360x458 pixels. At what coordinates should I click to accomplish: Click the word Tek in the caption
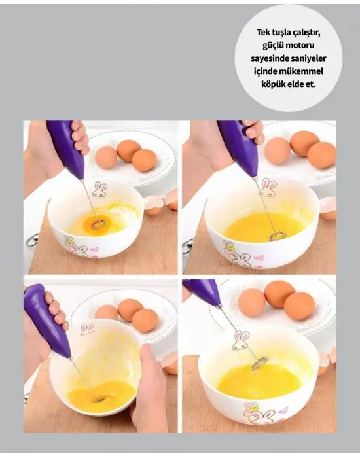(262, 33)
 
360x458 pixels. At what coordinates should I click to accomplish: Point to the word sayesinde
(270, 59)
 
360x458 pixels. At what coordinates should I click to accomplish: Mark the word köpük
(272, 84)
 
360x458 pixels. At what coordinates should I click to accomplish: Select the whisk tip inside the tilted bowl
(99, 398)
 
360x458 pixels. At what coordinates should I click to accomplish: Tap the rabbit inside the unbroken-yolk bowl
(99, 190)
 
